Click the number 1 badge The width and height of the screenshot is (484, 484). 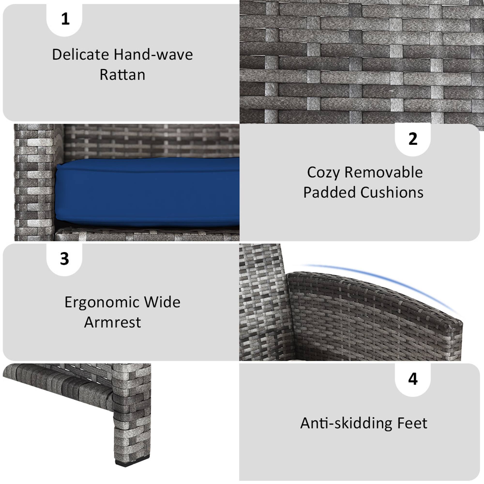click(x=65, y=19)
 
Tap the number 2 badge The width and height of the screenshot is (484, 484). click(x=413, y=139)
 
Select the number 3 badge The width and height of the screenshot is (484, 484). click(x=65, y=259)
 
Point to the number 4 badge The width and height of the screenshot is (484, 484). click(x=413, y=379)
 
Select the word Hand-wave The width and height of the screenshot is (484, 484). click(x=153, y=54)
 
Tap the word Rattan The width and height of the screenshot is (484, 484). click(x=122, y=75)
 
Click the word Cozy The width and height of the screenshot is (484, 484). click(x=323, y=173)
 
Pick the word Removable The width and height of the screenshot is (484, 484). click(x=384, y=173)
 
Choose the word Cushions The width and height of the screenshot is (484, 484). click(x=392, y=193)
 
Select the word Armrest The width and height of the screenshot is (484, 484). click(x=113, y=322)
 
